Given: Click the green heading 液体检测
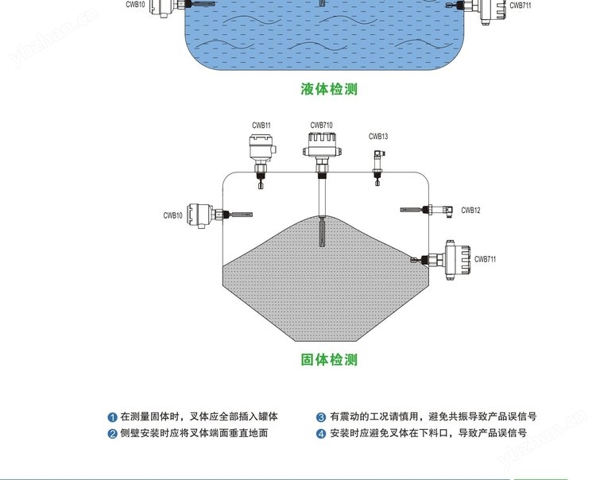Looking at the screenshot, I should click(x=329, y=89).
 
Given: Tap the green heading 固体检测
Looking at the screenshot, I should click(x=329, y=360).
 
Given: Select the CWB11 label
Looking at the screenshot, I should click(x=261, y=126).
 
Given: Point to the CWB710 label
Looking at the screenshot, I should click(x=321, y=126).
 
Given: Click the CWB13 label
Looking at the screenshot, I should click(x=378, y=137).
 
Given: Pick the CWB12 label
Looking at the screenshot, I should click(x=470, y=211).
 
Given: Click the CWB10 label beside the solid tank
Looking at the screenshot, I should click(x=173, y=215).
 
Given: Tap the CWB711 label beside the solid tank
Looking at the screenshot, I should click(x=485, y=259).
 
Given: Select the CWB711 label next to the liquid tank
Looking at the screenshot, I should click(x=520, y=6).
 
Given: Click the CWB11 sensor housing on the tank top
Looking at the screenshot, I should click(x=261, y=149).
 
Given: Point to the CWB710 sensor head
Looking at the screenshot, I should click(x=321, y=144).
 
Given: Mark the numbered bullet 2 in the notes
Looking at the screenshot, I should click(x=113, y=434).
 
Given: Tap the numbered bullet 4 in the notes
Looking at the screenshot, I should click(x=321, y=434).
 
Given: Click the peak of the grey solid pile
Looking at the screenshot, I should click(x=322, y=216).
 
